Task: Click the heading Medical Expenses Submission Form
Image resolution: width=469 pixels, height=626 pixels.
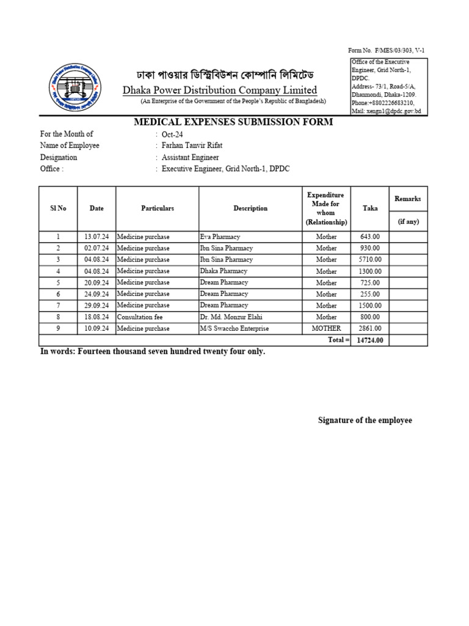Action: click(x=233, y=122)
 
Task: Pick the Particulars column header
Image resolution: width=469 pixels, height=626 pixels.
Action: click(x=158, y=208)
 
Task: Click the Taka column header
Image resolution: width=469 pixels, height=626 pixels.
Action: click(x=370, y=208)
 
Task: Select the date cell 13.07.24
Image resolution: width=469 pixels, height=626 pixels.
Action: click(x=96, y=237)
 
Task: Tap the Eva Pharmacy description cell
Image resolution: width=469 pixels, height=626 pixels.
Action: click(x=220, y=237)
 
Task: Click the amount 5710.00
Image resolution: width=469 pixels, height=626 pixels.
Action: click(x=371, y=260)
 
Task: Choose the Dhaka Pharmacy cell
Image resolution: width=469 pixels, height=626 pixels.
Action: click(x=224, y=271)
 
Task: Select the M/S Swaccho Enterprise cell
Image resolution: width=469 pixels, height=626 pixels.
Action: click(x=234, y=329)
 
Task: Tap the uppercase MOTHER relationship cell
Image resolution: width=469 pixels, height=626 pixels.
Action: click(x=326, y=329)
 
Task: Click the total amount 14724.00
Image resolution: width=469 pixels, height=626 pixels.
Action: click(x=370, y=340)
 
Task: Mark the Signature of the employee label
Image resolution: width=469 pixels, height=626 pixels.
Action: click(x=365, y=421)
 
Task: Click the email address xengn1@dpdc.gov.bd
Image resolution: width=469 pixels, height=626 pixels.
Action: click(x=387, y=112)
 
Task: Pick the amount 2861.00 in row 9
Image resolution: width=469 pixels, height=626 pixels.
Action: click(x=371, y=329)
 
